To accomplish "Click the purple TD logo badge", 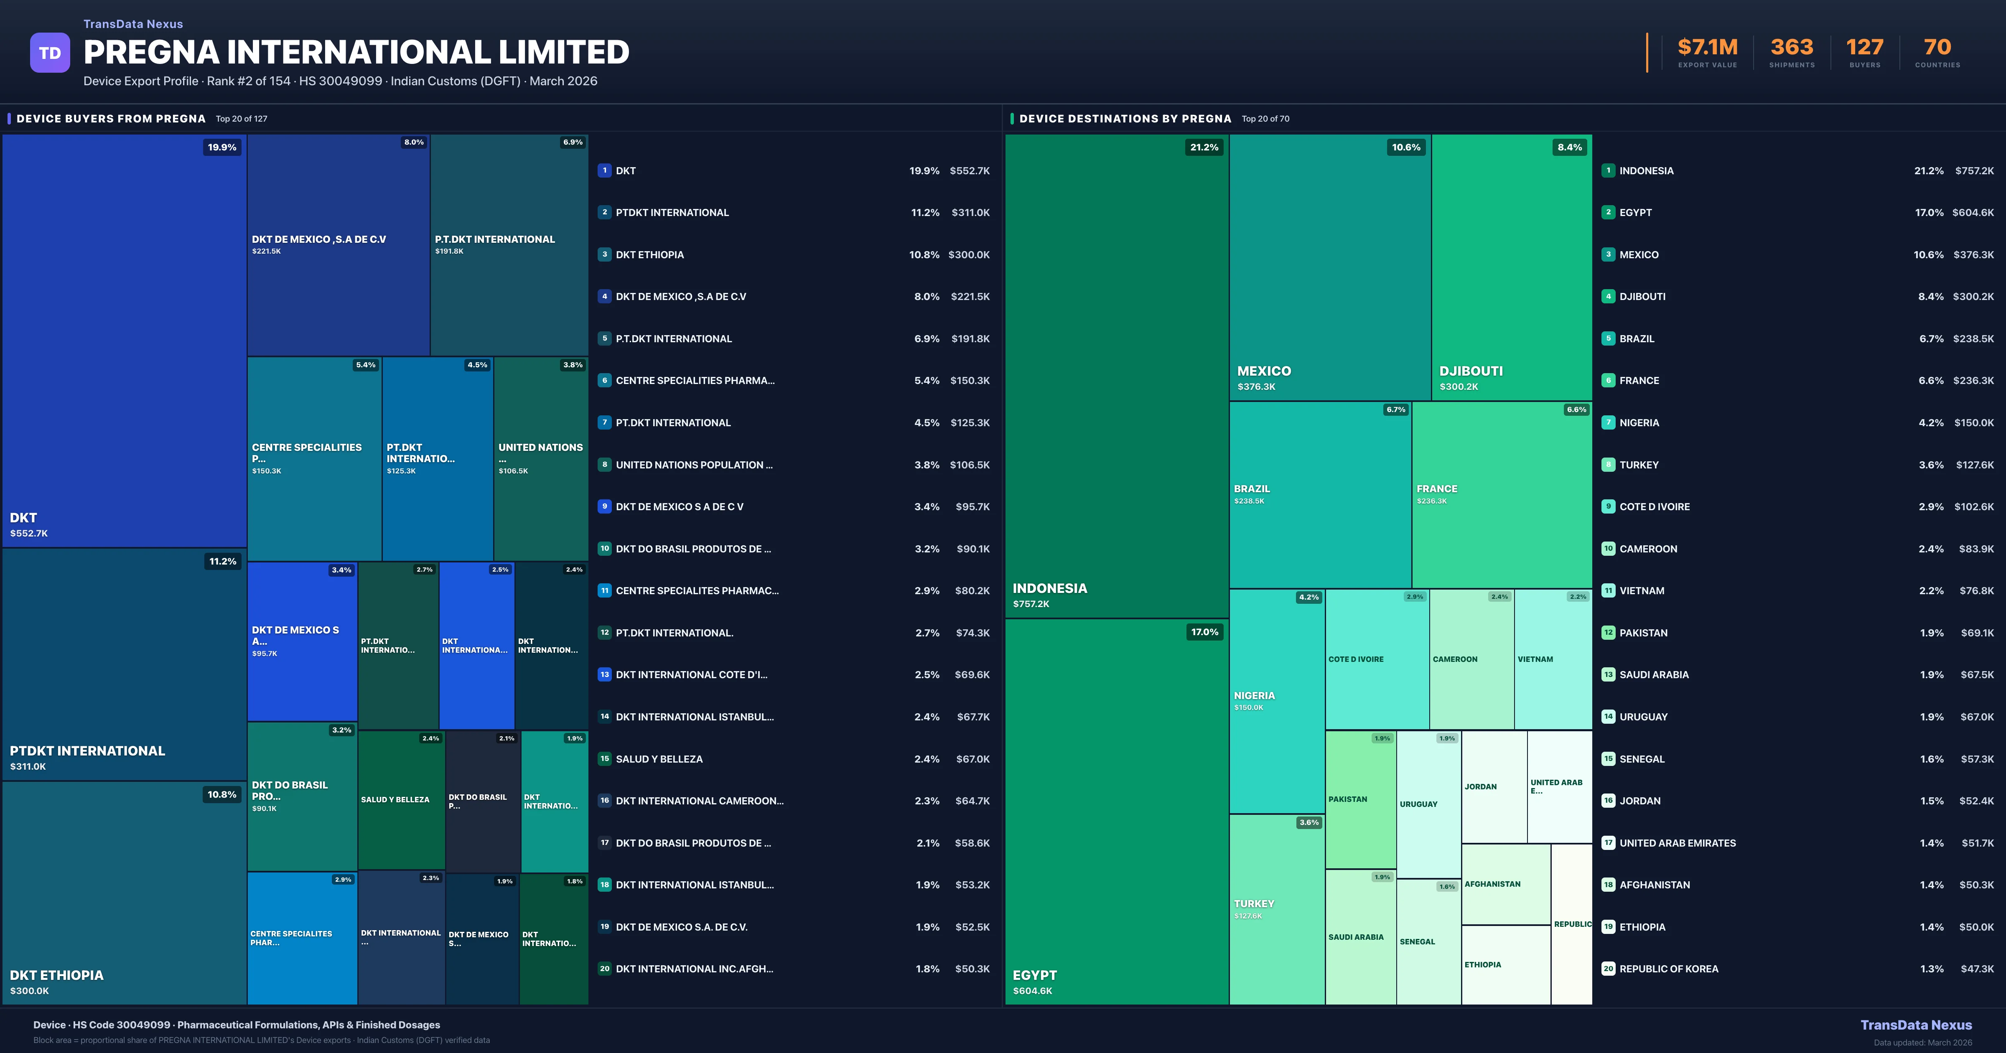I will point(50,53).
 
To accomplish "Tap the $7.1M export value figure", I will point(1707,48).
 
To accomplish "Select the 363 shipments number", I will point(1792,48).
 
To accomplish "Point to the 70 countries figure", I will point(1937,48).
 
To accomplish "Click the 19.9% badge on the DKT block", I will point(222,147).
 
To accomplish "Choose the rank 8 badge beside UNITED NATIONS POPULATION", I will point(604,465).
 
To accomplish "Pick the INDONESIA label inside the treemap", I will point(1050,589).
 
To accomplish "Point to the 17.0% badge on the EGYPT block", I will point(1204,632).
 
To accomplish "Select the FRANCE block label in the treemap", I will point(1437,489).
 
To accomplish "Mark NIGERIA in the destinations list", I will point(1639,423).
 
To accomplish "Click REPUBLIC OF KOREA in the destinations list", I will point(1669,969).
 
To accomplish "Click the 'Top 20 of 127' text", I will point(242,119).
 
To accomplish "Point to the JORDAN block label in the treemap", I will point(1480,787).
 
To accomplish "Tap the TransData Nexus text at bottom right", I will point(1916,1025).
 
